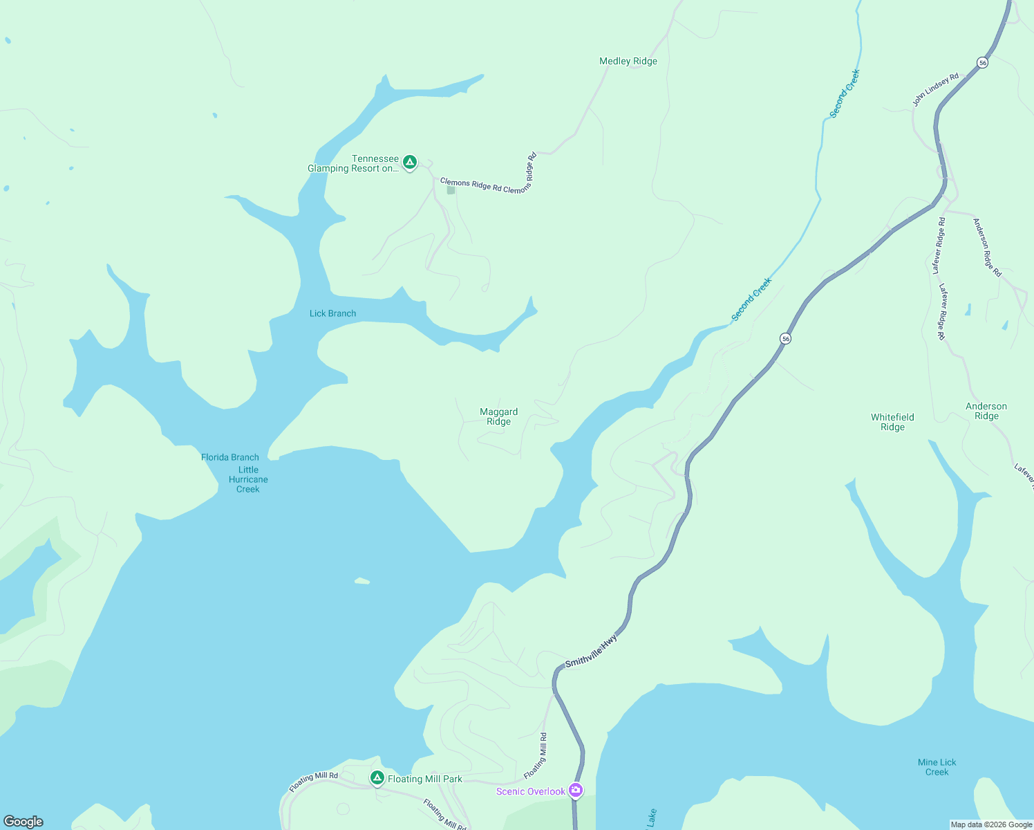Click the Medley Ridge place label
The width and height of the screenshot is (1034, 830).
(x=628, y=62)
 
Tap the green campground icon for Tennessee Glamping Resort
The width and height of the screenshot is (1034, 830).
(x=410, y=163)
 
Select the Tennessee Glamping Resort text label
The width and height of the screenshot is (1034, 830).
(x=353, y=164)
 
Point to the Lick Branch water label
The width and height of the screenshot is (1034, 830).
(x=332, y=313)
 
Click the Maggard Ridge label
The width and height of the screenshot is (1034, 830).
(x=498, y=416)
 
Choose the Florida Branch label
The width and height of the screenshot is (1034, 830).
(x=229, y=457)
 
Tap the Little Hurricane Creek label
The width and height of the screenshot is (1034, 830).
(x=248, y=479)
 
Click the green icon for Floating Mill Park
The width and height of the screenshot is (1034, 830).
(x=377, y=778)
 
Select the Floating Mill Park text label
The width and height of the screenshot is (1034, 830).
(x=424, y=779)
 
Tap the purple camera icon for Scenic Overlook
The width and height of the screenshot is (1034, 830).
(x=576, y=790)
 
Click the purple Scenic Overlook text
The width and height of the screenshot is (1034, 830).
(x=530, y=791)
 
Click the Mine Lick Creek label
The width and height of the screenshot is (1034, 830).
(x=937, y=767)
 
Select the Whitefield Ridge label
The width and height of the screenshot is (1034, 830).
(x=892, y=422)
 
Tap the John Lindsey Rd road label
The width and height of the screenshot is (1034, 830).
(x=935, y=89)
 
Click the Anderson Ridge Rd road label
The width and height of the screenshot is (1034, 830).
(x=987, y=247)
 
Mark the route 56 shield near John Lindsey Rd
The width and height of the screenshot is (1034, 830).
(x=982, y=62)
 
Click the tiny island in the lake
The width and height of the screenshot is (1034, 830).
(x=362, y=581)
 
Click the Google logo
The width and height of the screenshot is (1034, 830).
(x=23, y=821)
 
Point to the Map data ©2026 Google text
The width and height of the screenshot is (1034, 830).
(x=990, y=824)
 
